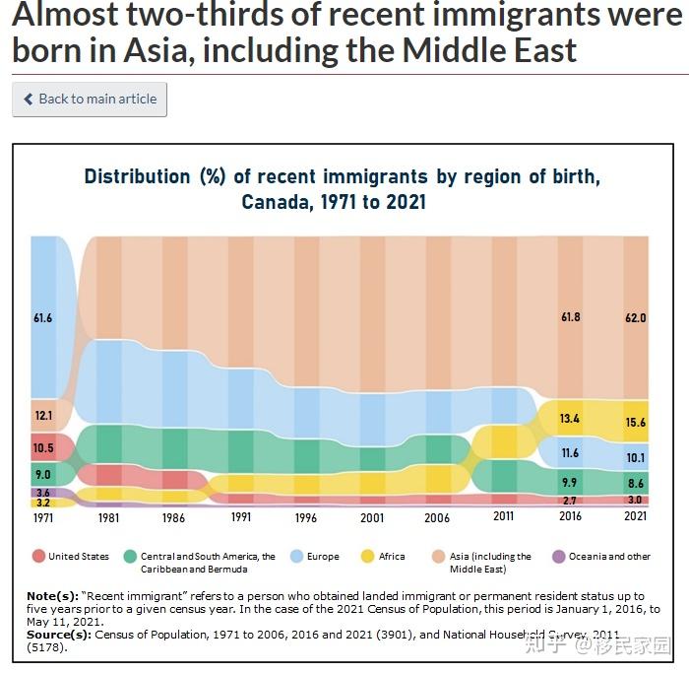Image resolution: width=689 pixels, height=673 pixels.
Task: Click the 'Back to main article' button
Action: [90, 100]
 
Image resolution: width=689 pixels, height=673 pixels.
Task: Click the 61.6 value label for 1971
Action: [43, 318]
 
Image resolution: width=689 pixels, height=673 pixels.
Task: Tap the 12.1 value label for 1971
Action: [43, 416]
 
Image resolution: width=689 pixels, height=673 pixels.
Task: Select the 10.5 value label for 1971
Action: [43, 447]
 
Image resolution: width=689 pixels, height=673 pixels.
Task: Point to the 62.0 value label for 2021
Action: [635, 318]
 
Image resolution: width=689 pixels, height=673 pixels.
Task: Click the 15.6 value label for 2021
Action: [635, 423]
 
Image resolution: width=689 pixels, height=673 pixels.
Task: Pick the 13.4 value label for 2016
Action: [570, 419]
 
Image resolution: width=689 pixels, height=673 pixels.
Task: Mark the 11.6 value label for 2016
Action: [570, 453]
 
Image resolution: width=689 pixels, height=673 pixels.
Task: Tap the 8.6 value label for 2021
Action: [635, 484]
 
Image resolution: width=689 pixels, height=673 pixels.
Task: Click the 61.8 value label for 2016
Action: [570, 317]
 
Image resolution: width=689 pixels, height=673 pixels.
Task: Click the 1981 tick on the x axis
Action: [108, 517]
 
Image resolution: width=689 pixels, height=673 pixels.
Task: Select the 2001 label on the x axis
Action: [372, 517]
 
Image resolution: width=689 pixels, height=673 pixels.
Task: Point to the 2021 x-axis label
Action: [635, 517]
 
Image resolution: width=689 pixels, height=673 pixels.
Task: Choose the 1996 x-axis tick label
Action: [306, 517]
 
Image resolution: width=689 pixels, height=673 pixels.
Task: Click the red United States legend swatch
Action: [38, 557]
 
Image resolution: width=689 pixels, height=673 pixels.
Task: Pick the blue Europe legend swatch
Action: [296, 557]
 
